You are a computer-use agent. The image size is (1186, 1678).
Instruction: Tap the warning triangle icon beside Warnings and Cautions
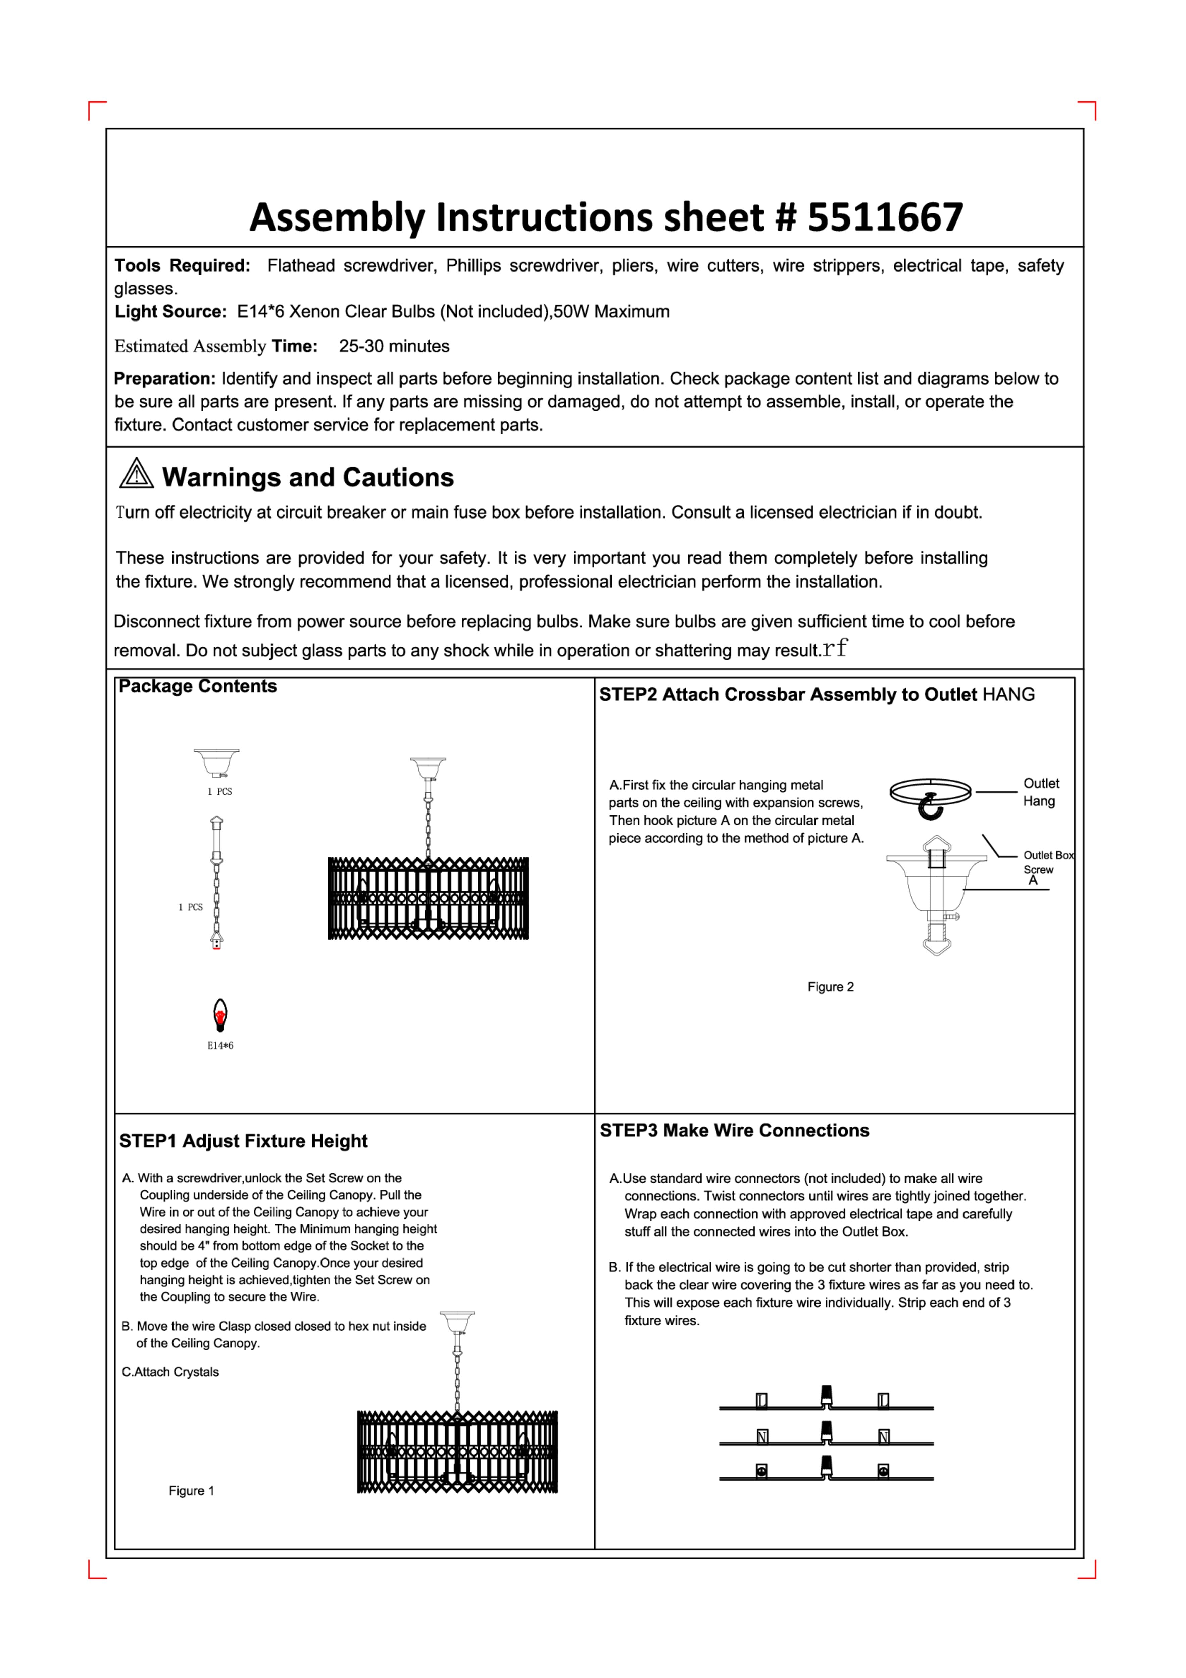pyautogui.click(x=137, y=474)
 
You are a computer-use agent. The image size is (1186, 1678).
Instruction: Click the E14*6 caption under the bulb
pyautogui.click(x=220, y=1046)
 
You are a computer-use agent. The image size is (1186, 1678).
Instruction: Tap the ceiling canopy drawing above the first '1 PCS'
pyautogui.click(x=216, y=762)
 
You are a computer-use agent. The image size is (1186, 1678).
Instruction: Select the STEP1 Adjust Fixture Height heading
pyautogui.click(x=243, y=1142)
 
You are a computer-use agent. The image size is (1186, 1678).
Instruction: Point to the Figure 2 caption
pyautogui.click(x=830, y=987)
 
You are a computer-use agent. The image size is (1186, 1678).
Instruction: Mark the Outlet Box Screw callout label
pyautogui.click(x=1047, y=862)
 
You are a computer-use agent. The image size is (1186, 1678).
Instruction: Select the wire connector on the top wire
pyautogui.click(x=827, y=1396)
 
